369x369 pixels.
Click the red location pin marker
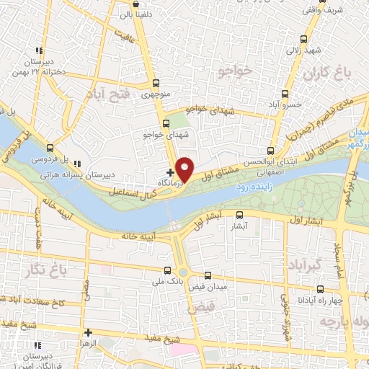coord(185,169)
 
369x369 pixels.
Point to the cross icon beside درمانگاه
coord(170,172)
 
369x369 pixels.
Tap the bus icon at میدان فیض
coord(208,275)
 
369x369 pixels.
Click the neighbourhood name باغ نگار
coord(52,271)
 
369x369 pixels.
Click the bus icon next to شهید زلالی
coord(305,40)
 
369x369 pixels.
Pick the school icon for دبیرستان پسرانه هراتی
coord(78,164)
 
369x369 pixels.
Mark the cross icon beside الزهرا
coord(88,333)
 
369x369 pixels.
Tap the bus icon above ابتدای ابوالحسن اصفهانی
coord(270,151)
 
